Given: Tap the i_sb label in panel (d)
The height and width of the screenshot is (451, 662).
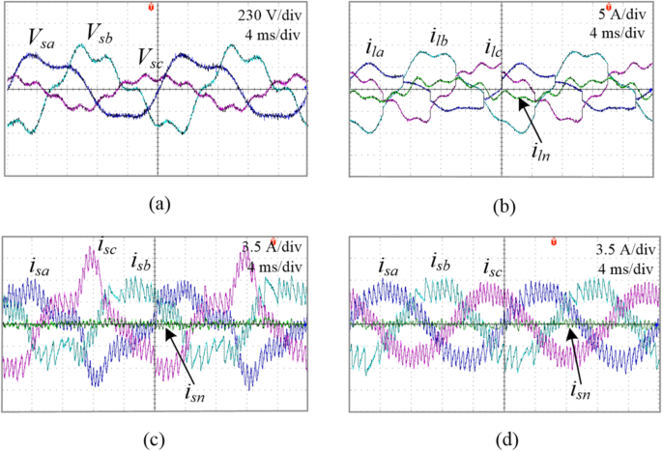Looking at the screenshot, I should pyautogui.click(x=442, y=264).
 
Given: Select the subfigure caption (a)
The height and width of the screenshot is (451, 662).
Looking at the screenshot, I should pyautogui.click(x=158, y=204).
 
